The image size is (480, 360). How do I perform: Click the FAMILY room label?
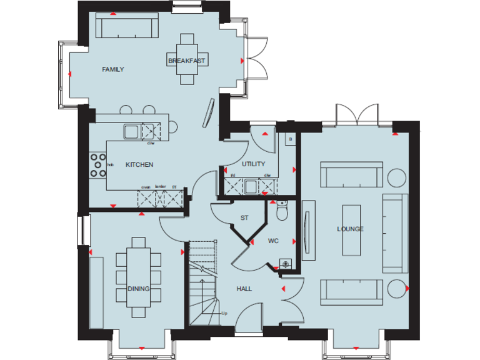coord(113,69)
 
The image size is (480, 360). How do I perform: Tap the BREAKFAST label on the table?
coord(187,61)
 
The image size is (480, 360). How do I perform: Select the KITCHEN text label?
coord(139,165)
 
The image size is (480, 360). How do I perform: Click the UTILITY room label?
coord(254,164)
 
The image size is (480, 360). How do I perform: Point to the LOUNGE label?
coord(351,229)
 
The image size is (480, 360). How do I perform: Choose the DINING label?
coord(138,289)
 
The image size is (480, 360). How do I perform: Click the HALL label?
coord(244,289)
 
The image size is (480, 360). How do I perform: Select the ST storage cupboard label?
coord(245,218)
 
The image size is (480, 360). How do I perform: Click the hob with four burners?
coord(98,165)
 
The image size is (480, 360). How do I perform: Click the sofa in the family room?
coord(126,26)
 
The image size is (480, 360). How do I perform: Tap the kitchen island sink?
coord(132,131)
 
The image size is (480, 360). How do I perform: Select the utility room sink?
coord(251,186)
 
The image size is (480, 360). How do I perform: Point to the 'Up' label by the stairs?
coord(224,312)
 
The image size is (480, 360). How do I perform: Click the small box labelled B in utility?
coord(289,139)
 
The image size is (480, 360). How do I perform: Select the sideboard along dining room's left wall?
coord(96,291)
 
